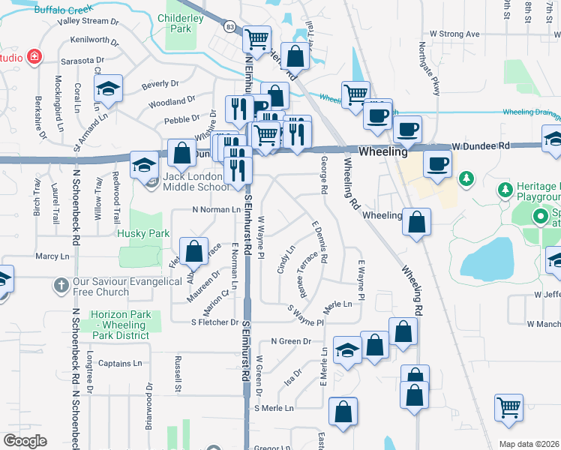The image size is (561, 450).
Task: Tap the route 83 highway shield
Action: (229, 26)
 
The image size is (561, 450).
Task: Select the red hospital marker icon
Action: (34, 57)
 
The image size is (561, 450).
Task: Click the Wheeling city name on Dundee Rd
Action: (382, 151)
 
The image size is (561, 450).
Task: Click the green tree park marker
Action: (466, 178)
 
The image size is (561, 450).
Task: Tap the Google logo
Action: (25, 441)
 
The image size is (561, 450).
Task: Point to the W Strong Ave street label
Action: (454, 34)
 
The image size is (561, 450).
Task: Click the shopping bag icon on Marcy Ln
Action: (194, 252)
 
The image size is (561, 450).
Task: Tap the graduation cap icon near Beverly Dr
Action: (109, 89)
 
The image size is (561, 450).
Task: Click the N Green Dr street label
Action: (290, 341)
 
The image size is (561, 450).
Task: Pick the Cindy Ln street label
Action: (286, 259)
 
